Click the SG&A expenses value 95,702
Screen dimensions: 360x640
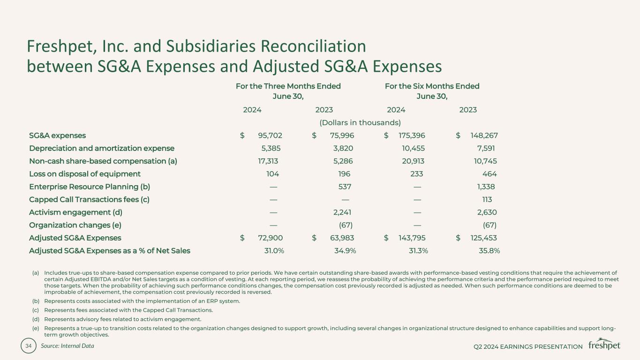(x=270, y=135)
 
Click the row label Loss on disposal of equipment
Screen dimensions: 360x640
(x=85, y=174)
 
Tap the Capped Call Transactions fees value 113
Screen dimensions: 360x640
(x=486, y=199)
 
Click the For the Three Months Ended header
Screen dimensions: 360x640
(x=288, y=86)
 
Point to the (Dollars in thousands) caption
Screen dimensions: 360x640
(x=360, y=123)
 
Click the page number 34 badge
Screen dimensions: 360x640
(x=29, y=346)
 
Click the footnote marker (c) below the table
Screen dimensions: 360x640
(x=36, y=310)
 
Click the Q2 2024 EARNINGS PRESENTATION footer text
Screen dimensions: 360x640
(x=528, y=346)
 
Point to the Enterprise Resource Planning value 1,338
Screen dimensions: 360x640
(x=486, y=187)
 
